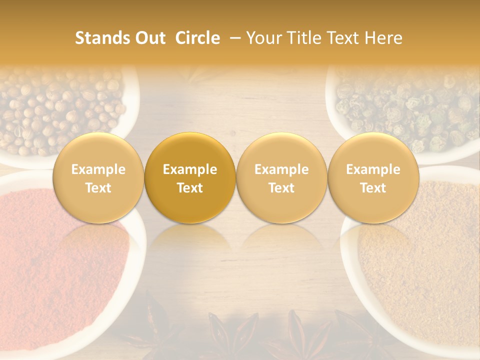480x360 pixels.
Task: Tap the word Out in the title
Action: click(149, 38)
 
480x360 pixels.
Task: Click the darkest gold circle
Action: click(190, 178)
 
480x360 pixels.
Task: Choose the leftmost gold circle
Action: click(98, 178)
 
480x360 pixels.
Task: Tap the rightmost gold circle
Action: click(373, 178)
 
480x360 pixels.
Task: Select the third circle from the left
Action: click(281, 178)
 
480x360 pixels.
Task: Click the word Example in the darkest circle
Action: click(190, 169)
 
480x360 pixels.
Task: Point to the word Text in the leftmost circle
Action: click(98, 188)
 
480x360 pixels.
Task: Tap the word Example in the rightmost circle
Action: click(373, 169)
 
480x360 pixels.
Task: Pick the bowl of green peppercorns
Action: click(410, 110)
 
